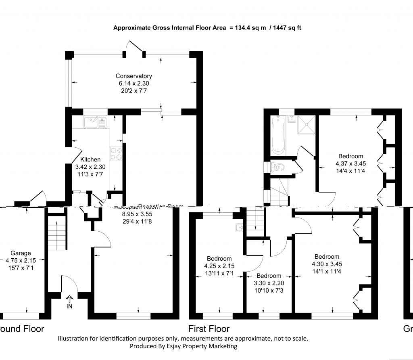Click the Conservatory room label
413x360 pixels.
tap(133, 76)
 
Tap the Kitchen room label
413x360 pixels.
tap(90, 160)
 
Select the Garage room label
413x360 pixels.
tap(21, 253)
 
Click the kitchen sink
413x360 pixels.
tap(96, 121)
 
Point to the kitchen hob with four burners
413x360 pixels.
tap(116, 153)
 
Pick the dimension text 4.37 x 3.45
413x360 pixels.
tap(350, 163)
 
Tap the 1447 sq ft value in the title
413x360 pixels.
tap(287, 28)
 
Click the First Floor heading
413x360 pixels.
tap(209, 329)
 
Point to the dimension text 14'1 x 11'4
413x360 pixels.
tap(327, 271)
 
